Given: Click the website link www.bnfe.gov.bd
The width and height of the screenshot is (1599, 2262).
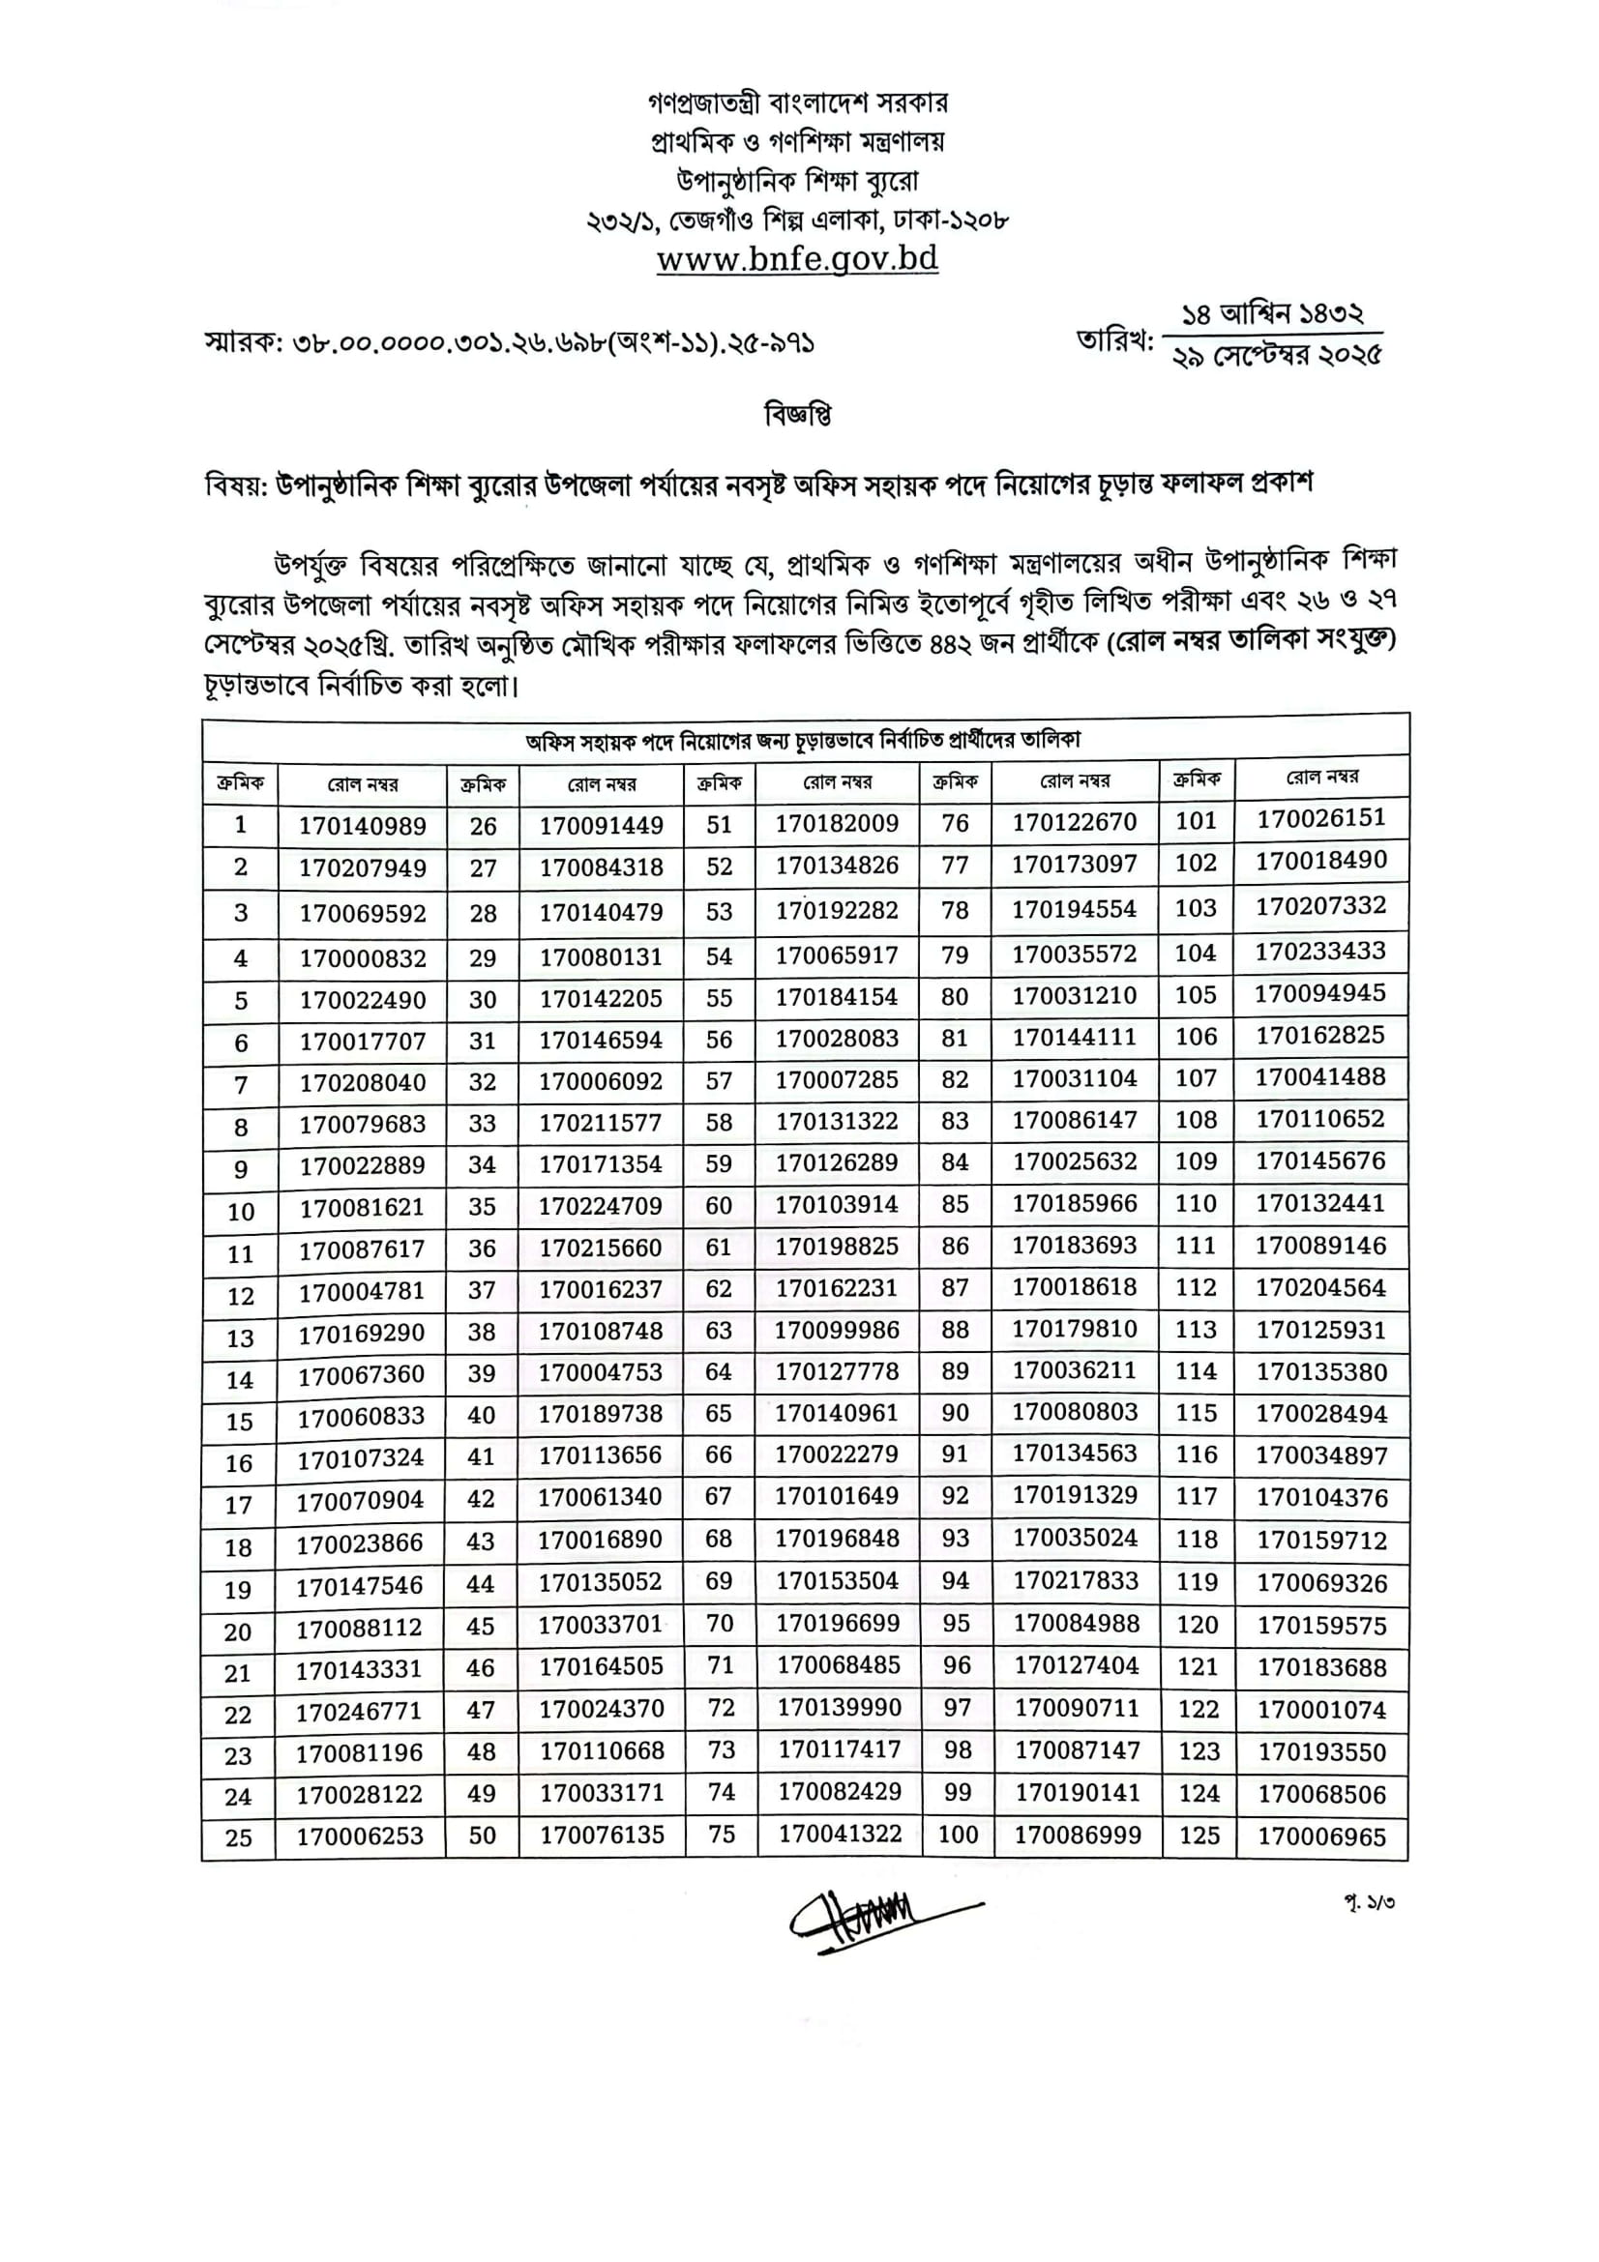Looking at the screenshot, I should (797, 259).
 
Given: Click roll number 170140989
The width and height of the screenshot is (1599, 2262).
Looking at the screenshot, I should (363, 826).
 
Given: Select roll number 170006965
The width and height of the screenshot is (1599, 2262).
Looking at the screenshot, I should (1321, 1836).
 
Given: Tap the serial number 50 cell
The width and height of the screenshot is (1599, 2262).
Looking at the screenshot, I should (482, 1836).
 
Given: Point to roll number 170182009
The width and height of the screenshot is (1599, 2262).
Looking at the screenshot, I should (837, 824).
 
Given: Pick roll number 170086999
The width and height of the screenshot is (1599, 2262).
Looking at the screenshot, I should (1078, 1835).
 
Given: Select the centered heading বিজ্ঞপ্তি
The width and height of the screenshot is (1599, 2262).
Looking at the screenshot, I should (798, 416).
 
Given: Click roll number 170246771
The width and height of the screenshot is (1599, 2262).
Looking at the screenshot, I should (359, 1713).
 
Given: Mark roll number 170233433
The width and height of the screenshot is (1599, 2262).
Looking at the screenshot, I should (1320, 952).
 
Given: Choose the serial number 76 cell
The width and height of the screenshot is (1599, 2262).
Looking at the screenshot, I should (955, 824).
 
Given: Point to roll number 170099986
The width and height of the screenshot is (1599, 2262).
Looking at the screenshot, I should (837, 1330).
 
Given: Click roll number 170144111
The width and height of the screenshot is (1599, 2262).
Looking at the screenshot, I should (1075, 1038).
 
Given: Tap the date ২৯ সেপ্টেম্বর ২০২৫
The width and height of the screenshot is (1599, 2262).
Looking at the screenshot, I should (1277, 356).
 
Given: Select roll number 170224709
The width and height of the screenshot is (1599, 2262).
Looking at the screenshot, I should (600, 1206).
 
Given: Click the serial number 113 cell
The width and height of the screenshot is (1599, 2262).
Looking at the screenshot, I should (1196, 1330).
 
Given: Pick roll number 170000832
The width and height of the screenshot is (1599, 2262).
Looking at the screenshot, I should (363, 958).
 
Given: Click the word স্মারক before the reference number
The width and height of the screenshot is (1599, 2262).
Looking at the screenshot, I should (243, 343).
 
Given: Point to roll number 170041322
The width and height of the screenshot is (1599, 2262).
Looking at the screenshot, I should (840, 1835).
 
